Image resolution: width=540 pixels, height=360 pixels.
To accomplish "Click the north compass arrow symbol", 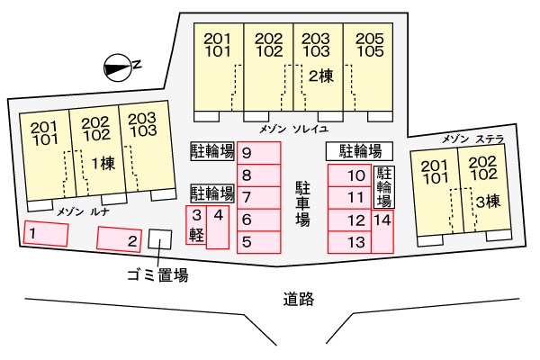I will click(x=119, y=65).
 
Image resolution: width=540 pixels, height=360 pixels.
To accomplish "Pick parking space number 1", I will click(x=45, y=235).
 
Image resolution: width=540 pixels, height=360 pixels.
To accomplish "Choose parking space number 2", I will click(x=119, y=239).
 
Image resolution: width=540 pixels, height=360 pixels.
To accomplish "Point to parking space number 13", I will click(x=348, y=241).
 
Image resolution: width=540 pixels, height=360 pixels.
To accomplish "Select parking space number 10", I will click(x=348, y=175).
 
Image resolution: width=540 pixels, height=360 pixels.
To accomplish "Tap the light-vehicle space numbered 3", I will click(x=195, y=226).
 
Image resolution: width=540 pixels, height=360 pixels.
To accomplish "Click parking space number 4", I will click(x=219, y=226).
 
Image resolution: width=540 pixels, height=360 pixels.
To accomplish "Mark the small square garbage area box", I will click(x=159, y=239).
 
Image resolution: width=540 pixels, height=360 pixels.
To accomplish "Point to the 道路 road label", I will click(x=297, y=300).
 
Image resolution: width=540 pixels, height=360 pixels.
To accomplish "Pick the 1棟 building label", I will click(x=101, y=163).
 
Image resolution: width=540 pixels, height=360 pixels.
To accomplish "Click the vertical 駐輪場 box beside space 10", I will click(x=383, y=187).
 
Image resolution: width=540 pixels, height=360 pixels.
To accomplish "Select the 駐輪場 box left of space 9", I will click(x=211, y=150).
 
